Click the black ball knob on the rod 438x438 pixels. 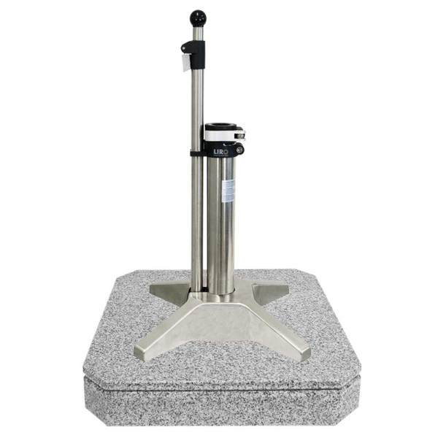[198, 18]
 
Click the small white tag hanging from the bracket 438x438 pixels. [187, 62]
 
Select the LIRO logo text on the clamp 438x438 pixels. [220, 151]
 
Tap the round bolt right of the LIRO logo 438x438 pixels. [239, 150]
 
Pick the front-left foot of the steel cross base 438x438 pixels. [150, 349]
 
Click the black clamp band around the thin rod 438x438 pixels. [196, 154]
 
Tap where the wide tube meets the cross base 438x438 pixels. [220, 292]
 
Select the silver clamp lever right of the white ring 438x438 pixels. [239, 135]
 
